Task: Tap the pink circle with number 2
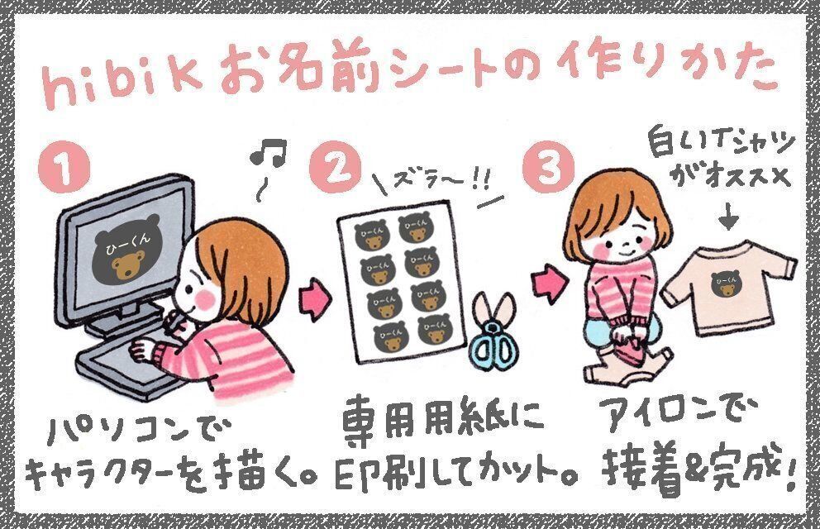335,168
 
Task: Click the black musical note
268,151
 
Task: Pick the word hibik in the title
122,83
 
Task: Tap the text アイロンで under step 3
679,414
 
